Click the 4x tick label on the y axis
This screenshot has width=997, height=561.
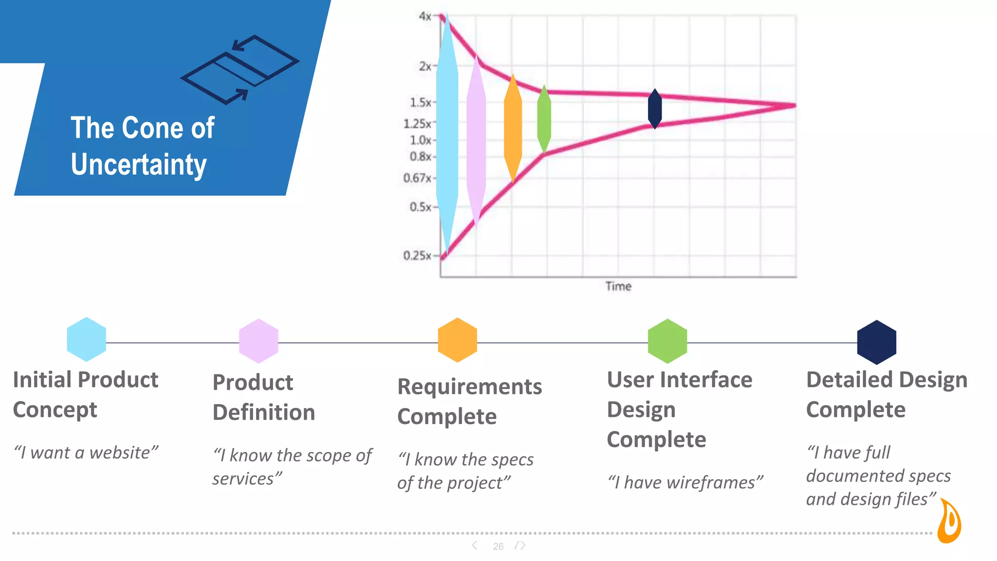point(425,17)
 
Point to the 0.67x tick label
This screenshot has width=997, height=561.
point(417,178)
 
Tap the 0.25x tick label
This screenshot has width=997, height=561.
point(417,256)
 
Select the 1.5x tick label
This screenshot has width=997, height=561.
point(420,103)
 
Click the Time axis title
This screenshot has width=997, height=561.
point(618,286)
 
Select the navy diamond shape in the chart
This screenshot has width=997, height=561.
point(655,109)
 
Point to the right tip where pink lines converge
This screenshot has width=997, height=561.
point(794,105)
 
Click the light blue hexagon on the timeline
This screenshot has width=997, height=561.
point(86,339)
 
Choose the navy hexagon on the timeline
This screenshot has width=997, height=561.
point(876,342)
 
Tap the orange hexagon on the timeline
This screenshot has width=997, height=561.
point(457,340)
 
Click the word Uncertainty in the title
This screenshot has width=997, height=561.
point(139,165)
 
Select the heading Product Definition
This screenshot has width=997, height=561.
point(264,397)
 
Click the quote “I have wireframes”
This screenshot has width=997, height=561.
point(685,483)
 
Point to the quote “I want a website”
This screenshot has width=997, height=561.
point(86,453)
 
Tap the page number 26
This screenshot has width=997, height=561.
point(498,546)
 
